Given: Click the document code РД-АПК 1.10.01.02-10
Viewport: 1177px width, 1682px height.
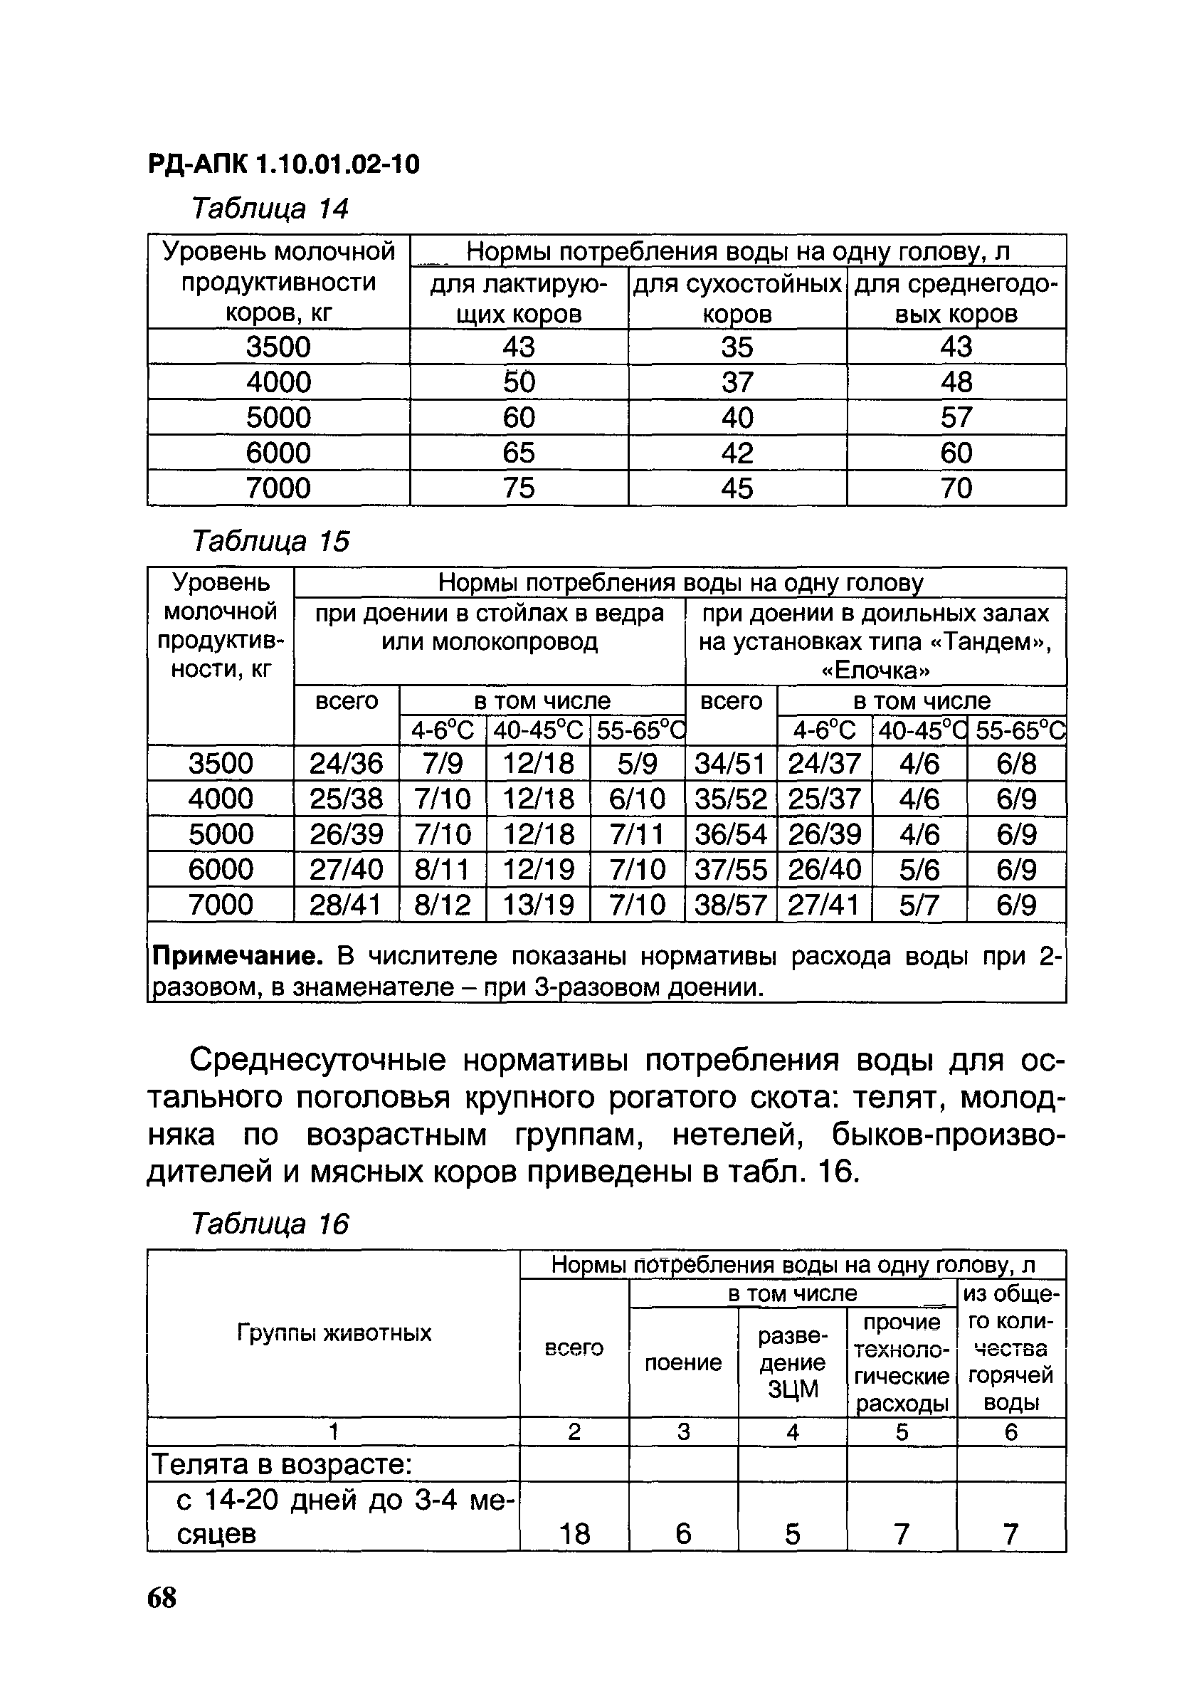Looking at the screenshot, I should coord(283,164).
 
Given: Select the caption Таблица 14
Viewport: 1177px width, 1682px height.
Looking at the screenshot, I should coord(270,209).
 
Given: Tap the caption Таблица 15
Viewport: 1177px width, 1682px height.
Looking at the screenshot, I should coord(270,542).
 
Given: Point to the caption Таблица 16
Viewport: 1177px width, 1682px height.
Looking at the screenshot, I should coord(270,1224).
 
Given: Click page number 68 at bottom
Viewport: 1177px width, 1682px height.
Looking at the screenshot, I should coord(162,1598).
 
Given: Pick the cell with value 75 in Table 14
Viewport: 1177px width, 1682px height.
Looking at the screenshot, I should coord(519,488).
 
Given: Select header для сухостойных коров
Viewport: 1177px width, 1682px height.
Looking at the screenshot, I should coord(737,298).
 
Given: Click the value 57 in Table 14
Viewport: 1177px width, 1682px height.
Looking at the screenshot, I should coord(956,418).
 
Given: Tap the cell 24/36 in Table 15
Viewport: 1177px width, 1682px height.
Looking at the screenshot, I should coord(346,763).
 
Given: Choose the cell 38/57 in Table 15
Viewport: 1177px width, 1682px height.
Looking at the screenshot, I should coord(730,905).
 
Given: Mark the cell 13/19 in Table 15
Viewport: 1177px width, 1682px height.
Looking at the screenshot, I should coord(537,905).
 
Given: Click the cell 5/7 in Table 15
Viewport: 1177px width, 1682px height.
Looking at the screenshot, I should coord(919,905).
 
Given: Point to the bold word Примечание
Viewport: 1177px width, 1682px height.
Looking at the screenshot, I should coord(236,957).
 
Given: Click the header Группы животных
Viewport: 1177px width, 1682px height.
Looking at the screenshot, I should coord(334,1333).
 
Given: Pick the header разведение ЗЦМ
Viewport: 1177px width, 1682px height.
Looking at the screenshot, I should coord(792,1362).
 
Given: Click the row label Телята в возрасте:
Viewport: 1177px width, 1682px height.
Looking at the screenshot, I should coord(282,1465).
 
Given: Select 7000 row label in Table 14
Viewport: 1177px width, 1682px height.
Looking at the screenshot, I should coord(278,488).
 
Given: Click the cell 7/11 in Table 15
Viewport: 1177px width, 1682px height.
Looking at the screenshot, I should coord(636,834).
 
